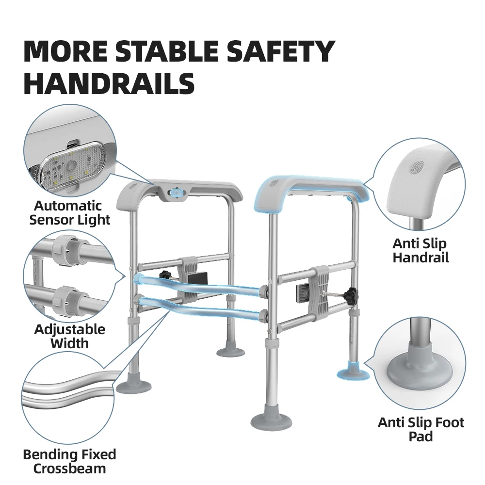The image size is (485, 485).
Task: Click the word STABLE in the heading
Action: click(x=167, y=51)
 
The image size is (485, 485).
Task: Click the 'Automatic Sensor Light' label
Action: click(x=69, y=213)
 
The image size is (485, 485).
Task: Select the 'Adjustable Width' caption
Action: click(x=69, y=336)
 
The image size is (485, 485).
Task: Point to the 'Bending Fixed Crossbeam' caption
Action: click(x=69, y=462)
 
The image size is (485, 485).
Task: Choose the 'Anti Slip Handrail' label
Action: click(x=420, y=251)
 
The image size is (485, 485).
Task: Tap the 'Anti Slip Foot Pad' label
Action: click(x=420, y=429)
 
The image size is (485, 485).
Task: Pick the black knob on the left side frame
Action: click(x=165, y=275)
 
